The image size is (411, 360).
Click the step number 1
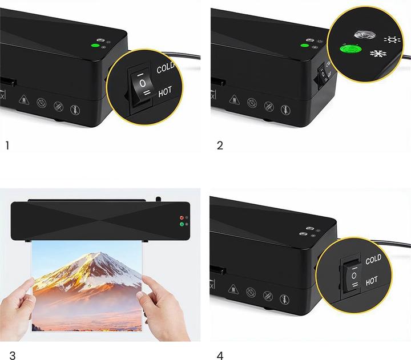point(7,145)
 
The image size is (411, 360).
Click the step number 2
point(220,145)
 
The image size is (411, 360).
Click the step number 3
point(13,355)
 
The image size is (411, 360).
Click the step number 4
point(220,355)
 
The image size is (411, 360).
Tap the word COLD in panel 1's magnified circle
point(166,68)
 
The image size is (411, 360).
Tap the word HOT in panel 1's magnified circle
point(165,92)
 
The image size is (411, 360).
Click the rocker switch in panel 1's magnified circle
point(142,87)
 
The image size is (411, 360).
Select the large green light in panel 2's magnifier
point(350,48)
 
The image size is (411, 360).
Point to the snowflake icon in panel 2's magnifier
point(378,54)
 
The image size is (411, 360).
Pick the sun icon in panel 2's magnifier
point(392,40)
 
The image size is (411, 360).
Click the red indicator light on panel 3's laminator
point(182,218)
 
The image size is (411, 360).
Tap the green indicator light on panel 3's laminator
point(182,224)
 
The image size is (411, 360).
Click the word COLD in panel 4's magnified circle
point(373,260)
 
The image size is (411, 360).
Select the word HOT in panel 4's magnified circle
point(372,281)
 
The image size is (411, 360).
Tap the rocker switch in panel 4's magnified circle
point(353,277)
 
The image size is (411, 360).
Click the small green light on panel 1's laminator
point(95,46)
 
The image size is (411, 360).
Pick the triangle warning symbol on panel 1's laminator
point(23,100)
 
